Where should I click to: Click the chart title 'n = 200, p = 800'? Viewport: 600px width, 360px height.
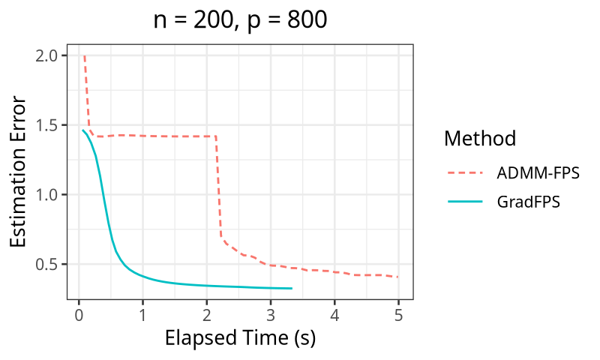pyautogui.click(x=240, y=20)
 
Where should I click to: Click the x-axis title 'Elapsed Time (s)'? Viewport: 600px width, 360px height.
pyautogui.click(x=240, y=338)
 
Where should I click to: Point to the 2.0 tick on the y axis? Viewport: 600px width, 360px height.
pyautogui.click(x=47, y=55)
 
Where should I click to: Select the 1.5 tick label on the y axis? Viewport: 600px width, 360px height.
pyautogui.click(x=47, y=125)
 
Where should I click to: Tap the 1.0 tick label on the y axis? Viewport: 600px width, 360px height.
pyautogui.click(x=47, y=195)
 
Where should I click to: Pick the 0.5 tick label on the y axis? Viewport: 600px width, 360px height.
pyautogui.click(x=47, y=265)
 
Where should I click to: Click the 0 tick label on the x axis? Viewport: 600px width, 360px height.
pyautogui.click(x=79, y=313)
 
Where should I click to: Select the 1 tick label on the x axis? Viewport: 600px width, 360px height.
pyautogui.click(x=142, y=313)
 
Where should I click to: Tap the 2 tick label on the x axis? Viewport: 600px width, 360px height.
pyautogui.click(x=206, y=313)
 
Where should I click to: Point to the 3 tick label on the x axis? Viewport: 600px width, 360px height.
pyautogui.click(x=271, y=313)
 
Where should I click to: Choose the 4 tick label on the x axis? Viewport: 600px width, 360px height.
pyautogui.click(x=334, y=313)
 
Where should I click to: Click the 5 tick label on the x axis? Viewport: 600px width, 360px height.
pyautogui.click(x=398, y=313)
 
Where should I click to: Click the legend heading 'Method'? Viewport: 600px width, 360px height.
pyautogui.click(x=479, y=139)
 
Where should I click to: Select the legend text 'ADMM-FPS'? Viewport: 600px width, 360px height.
pyautogui.click(x=538, y=174)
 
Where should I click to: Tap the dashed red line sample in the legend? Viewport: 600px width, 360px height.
pyautogui.click(x=464, y=174)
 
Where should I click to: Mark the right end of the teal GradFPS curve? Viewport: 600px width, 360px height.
pyautogui.click(x=291, y=288)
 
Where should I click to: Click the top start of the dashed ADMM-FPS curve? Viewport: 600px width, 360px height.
pyautogui.click(x=84, y=55)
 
